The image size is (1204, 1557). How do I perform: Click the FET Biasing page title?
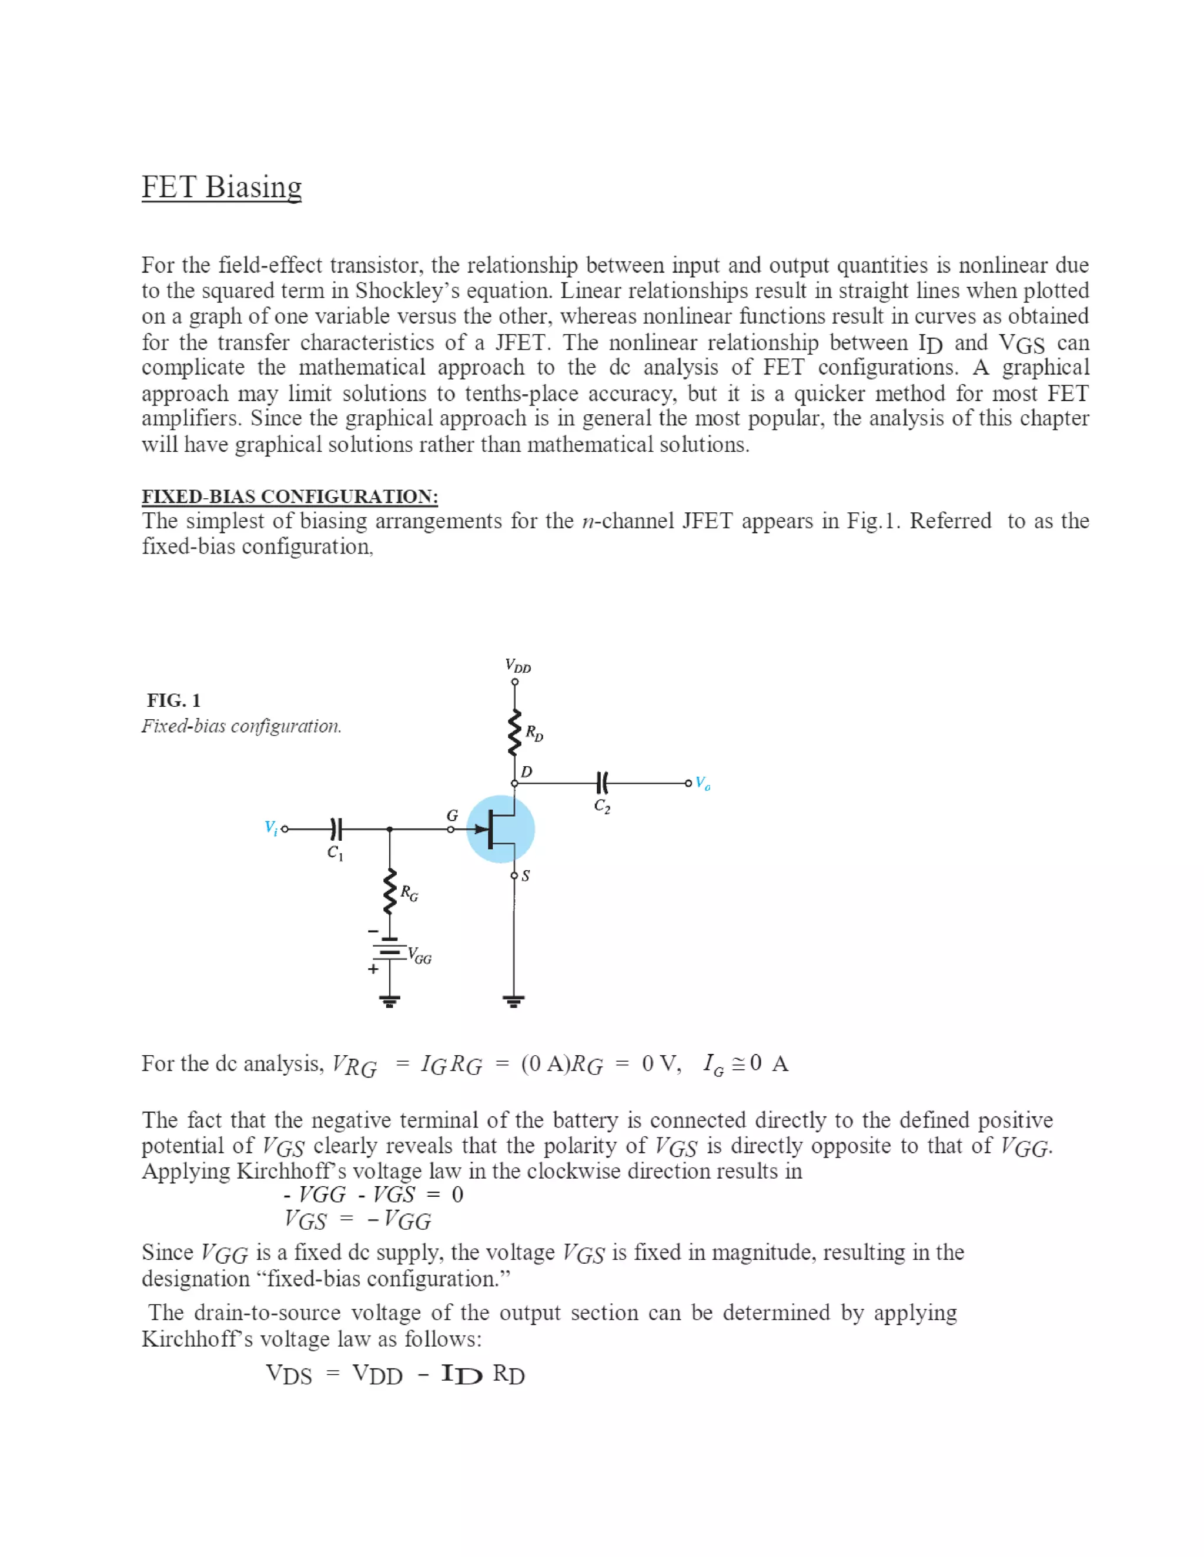(x=221, y=187)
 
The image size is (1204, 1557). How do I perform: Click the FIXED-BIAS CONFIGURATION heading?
(x=290, y=496)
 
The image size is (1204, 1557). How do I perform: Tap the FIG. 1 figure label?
(x=173, y=700)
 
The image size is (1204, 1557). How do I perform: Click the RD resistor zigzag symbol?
(x=514, y=733)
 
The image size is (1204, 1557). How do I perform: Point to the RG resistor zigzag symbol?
(x=389, y=891)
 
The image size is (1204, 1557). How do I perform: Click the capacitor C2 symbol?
(x=602, y=783)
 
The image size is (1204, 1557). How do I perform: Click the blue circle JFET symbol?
(x=501, y=829)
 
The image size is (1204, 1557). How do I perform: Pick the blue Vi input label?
(x=271, y=828)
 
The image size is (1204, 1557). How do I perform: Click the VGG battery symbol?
(x=389, y=952)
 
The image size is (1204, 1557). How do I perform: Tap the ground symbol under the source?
(x=514, y=1001)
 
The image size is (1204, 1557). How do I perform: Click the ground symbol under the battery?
(x=389, y=1001)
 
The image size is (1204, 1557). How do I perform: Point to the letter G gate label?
(x=452, y=815)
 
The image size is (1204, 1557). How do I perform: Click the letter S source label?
(x=526, y=875)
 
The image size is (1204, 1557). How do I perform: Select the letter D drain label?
(x=526, y=771)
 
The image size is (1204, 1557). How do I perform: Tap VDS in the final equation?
(x=289, y=1374)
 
